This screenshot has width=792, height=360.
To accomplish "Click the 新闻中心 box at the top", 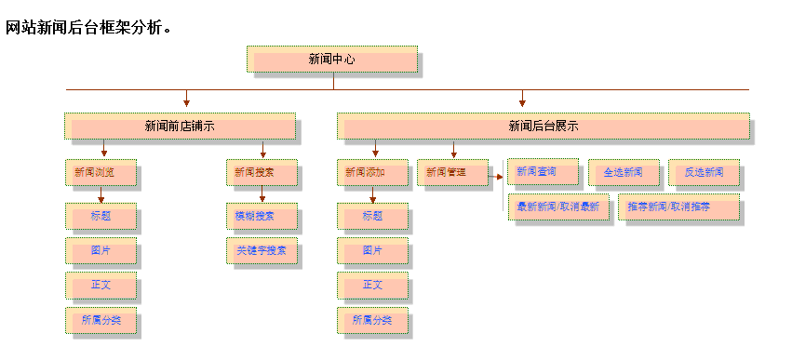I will [332, 60].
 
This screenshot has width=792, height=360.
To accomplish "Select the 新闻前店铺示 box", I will [180, 127].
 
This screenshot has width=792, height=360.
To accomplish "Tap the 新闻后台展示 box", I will [543, 127].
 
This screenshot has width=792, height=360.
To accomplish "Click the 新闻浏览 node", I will [101, 172].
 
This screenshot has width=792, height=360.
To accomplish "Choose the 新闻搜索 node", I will [262, 172].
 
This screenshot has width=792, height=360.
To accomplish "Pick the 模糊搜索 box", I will [262, 217].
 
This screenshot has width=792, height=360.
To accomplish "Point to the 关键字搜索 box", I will [262, 250].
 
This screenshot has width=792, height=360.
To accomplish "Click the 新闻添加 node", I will [372, 172].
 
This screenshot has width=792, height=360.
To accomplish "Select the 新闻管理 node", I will [452, 172].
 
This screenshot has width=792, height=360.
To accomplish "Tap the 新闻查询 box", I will [543, 172].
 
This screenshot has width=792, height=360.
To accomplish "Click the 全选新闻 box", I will [623, 172].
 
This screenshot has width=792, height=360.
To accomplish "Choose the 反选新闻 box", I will [704, 172].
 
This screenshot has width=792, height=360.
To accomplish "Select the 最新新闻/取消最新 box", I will [558, 207].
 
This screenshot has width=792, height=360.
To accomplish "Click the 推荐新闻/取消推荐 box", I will [678, 207].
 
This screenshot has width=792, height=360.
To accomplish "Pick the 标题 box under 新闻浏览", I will [101, 217].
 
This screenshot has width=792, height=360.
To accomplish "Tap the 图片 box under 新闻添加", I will [372, 250].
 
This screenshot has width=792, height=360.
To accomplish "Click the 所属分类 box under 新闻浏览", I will [101, 320].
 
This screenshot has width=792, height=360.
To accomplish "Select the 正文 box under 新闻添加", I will [372, 285].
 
